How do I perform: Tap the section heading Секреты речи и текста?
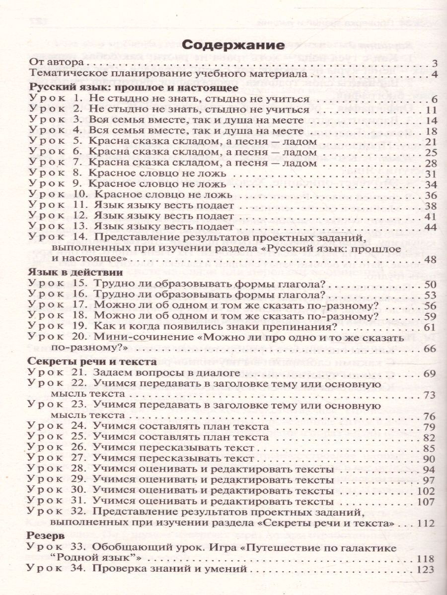tap(90, 360)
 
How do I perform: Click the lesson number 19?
tap(80, 327)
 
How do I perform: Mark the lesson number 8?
tap(78, 174)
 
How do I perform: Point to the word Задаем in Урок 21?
tap(112, 372)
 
